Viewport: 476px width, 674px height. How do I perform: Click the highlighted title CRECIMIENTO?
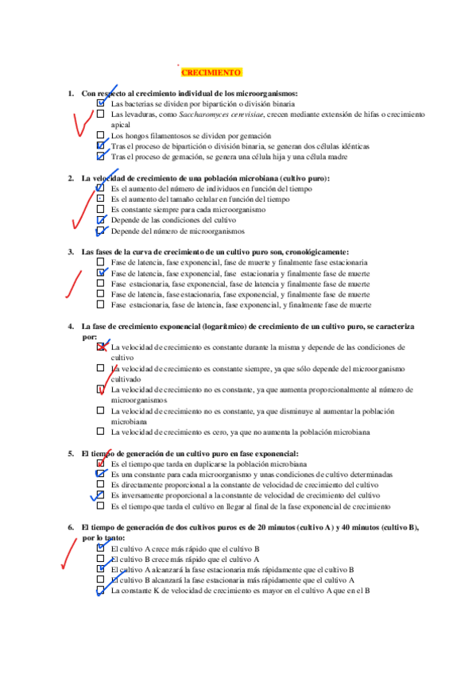click(211, 73)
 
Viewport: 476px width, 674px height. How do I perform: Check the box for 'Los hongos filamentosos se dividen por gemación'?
click(100, 136)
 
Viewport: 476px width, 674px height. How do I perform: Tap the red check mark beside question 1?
click(82, 124)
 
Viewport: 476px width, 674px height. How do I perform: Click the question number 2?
click(71, 178)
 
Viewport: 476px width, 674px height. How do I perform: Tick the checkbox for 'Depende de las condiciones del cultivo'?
click(100, 220)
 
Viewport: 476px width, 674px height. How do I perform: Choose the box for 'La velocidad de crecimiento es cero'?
click(100, 432)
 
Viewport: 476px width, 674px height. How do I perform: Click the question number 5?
click(71, 453)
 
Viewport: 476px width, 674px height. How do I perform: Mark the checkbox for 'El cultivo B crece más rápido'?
click(100, 559)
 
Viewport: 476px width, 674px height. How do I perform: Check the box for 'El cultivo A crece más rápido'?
click(100, 548)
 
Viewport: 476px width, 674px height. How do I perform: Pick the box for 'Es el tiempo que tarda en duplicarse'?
click(100, 463)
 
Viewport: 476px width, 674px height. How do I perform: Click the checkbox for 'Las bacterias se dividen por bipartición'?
click(100, 104)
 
